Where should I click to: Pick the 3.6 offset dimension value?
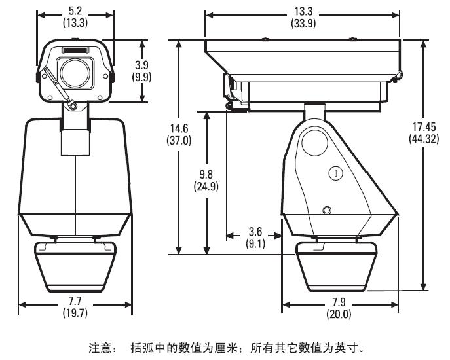(x=255, y=231)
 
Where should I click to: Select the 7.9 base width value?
(x=339, y=302)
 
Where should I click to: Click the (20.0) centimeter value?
(x=339, y=314)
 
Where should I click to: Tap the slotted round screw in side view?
(x=335, y=173)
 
